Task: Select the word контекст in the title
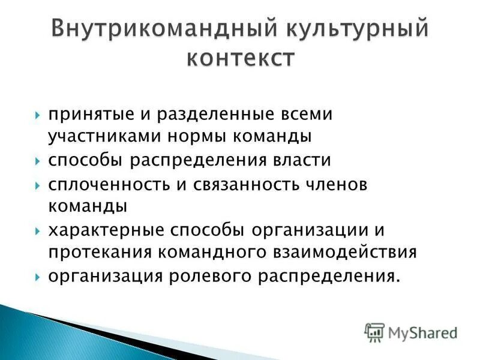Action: pos(240,59)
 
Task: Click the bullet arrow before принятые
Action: pos(38,115)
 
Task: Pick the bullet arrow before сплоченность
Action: pos(38,185)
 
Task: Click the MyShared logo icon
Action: pos(374,331)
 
